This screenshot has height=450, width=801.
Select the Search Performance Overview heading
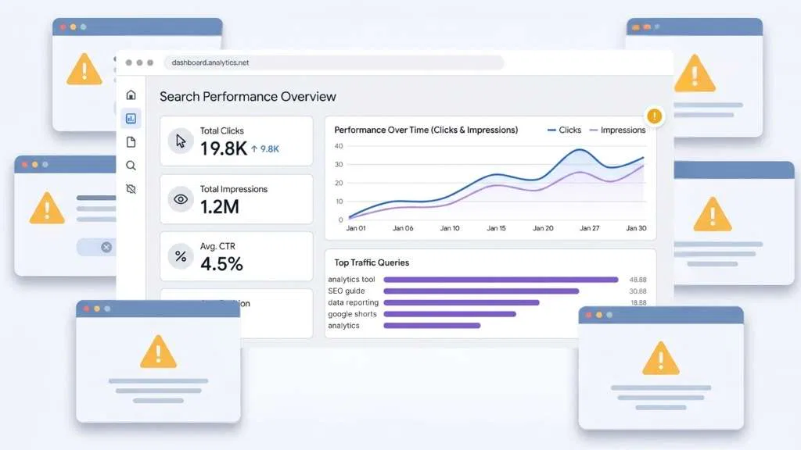coord(248,97)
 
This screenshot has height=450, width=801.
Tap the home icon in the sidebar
coord(131,95)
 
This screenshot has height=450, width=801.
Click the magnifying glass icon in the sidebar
coord(131,166)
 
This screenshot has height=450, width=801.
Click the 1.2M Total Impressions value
coord(220,206)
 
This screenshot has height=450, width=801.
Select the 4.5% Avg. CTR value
coord(221,264)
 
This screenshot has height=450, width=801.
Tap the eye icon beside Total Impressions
coord(181,199)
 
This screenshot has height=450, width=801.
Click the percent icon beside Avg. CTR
coord(181,256)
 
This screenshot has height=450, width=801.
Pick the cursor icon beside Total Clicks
coord(181,141)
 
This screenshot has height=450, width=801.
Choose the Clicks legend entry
coord(564,130)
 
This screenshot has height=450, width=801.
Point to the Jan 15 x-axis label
coord(496,229)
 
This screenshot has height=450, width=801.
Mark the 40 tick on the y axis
coord(339,146)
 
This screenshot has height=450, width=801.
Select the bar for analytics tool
coord(501,280)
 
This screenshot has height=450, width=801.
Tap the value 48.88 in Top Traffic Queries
coord(638,280)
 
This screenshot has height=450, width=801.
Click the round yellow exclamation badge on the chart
coord(655,116)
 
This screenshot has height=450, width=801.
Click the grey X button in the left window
coord(106,247)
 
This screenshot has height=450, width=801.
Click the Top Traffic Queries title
coord(372,262)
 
